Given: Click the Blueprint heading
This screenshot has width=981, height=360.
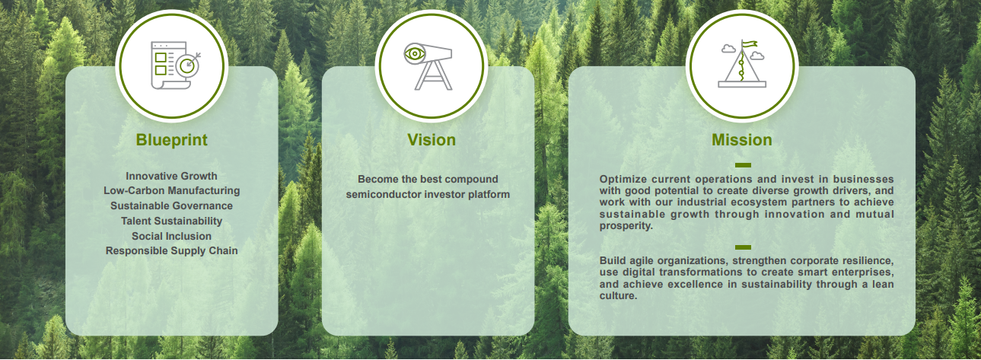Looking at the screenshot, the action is click(171, 140).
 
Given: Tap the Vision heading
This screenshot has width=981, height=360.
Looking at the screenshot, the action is click(432, 140).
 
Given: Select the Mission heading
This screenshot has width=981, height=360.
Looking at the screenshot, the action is click(742, 140).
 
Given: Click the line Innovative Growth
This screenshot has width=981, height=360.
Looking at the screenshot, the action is click(171, 176).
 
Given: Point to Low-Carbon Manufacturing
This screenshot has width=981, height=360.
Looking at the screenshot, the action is click(171, 191).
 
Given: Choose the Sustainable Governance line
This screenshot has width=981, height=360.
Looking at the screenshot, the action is click(171, 205).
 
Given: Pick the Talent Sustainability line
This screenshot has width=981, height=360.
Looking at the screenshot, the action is click(171, 221).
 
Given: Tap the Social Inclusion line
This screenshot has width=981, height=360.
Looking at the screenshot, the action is click(171, 236).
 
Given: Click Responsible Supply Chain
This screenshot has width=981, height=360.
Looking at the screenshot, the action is click(171, 251).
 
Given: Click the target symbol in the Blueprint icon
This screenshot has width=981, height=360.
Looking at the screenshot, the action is click(188, 65).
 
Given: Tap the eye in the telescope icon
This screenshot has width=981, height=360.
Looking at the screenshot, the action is click(414, 54).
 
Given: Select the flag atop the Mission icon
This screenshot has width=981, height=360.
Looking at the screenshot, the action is click(750, 44).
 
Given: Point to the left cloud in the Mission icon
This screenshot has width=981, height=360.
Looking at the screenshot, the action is click(728, 49).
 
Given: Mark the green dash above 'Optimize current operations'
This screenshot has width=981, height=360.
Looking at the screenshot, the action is click(743, 165).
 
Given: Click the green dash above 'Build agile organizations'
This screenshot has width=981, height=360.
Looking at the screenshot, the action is click(743, 247).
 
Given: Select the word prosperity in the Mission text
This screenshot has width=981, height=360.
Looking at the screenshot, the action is click(626, 226).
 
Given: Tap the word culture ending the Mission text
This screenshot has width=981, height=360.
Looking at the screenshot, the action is click(618, 295).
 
